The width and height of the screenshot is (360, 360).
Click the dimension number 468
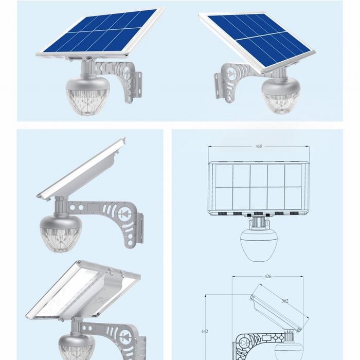tap(259, 146)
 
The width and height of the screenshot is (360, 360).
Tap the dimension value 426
tap(268, 276)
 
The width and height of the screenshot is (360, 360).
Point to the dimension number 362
tap(285, 301)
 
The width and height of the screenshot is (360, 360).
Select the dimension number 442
tap(205, 331)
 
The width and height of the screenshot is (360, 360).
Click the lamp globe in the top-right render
tap(281, 95)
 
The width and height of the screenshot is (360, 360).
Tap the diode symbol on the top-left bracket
tap(127, 73)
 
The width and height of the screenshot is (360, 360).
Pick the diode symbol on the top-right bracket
tap(230, 73)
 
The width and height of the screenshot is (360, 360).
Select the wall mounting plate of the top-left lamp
tap(137, 84)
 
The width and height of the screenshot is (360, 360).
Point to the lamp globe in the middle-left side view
tap(60, 233)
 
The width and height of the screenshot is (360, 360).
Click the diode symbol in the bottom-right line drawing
tap(244, 343)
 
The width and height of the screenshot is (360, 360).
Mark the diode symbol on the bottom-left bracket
tap(125, 336)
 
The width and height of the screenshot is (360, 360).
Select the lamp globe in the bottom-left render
tap(77, 347)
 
